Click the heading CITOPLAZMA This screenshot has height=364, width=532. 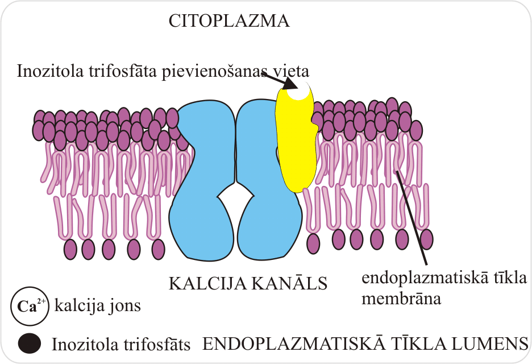230,22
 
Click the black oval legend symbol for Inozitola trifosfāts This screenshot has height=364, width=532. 30,343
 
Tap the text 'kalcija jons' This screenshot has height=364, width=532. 97,307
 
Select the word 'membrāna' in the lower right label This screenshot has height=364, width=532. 402,299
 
